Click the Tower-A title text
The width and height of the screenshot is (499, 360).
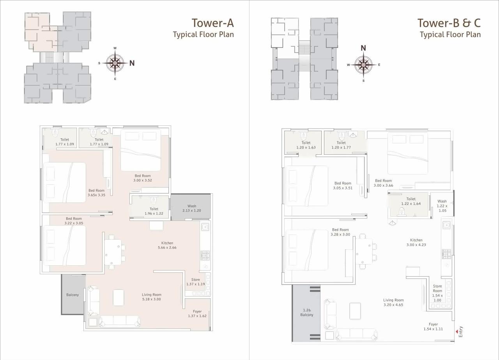coord(212,23)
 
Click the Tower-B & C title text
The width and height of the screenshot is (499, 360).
coord(449,23)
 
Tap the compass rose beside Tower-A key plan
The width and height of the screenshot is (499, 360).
coord(115,63)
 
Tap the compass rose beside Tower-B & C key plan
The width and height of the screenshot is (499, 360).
coord(363,65)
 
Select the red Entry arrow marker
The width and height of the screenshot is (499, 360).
coord(457,331)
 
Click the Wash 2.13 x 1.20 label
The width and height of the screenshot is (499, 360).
coord(191,208)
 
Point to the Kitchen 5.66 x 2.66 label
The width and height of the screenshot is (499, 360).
coord(167,245)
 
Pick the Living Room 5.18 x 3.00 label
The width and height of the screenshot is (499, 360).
coord(151,297)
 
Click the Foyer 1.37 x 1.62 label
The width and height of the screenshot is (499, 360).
coord(197,314)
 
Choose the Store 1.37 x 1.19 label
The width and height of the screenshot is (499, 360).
coord(195,282)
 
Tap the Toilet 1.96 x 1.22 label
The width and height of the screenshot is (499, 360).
coord(154,211)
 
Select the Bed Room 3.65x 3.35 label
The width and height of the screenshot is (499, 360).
coord(96,193)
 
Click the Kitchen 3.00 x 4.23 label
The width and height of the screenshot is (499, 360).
coord(416,242)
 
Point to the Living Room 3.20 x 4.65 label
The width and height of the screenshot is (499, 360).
coord(393,302)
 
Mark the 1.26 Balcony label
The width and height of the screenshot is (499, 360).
coord(306,312)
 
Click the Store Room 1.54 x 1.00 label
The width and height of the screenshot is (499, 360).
coord(437,293)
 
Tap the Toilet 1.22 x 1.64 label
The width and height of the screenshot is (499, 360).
coord(411,201)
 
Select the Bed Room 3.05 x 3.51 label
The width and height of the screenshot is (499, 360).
coord(343,185)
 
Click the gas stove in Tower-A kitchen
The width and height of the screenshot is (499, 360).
coord(205,255)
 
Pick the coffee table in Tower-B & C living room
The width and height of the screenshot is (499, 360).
coord(355,311)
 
